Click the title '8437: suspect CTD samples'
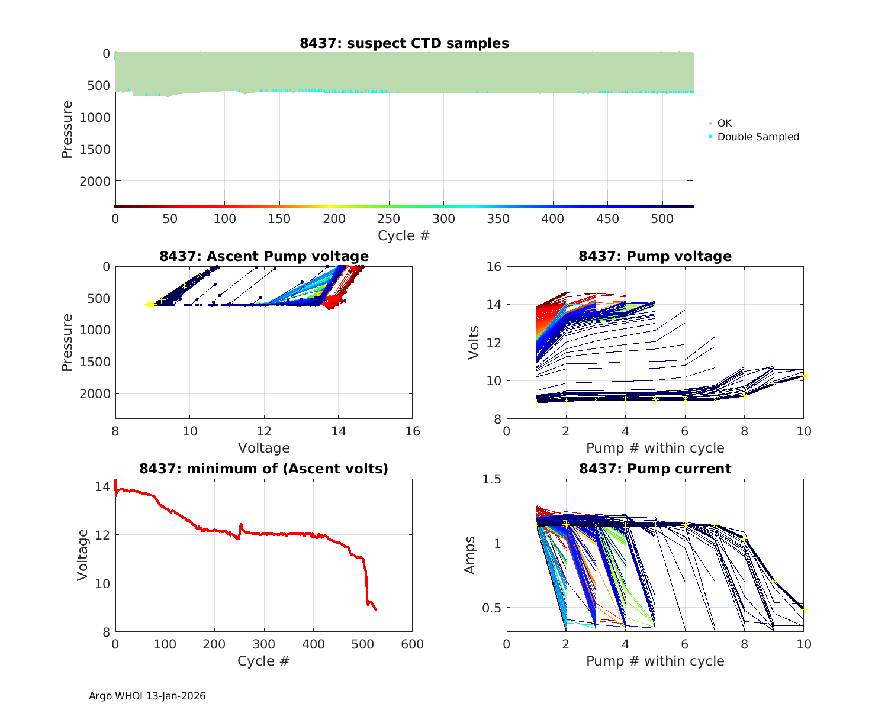(x=404, y=43)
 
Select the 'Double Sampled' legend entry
(x=758, y=137)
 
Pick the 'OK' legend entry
(x=724, y=123)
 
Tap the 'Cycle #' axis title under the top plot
(x=404, y=235)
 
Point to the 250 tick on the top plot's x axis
(x=389, y=219)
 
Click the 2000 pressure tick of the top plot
(x=95, y=181)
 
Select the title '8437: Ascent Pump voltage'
(x=263, y=256)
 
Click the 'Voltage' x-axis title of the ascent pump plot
(x=263, y=448)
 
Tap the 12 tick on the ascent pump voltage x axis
(x=264, y=431)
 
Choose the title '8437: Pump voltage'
(x=655, y=256)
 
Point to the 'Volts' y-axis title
(x=474, y=343)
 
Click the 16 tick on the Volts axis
(x=494, y=267)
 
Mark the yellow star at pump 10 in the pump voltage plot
(x=803, y=376)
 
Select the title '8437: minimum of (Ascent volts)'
(x=263, y=469)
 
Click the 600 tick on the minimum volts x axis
(x=412, y=644)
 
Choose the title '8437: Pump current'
(x=655, y=469)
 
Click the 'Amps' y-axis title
(x=470, y=555)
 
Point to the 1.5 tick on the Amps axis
(x=492, y=479)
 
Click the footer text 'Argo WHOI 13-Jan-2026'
(x=147, y=696)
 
